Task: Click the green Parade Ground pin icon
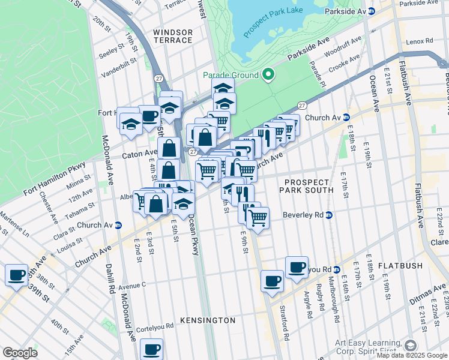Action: click(268, 75)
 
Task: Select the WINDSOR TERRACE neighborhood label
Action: click(173, 36)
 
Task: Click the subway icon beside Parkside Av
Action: click(371, 11)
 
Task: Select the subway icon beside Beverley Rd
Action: click(328, 215)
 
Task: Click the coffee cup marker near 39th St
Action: click(17, 275)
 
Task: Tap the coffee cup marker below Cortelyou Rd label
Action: click(152, 349)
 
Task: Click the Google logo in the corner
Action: click(20, 353)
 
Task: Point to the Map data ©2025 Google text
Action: click(412, 355)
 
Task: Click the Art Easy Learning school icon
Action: click(410, 346)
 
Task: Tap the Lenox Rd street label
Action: click(419, 41)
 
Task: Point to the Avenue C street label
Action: click(132, 286)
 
